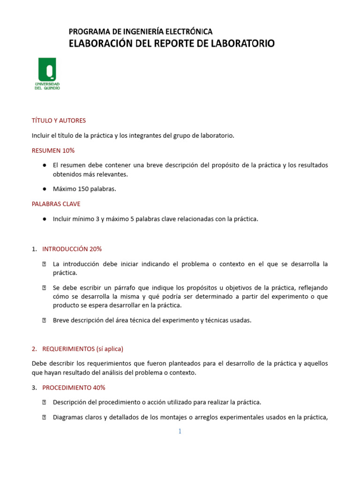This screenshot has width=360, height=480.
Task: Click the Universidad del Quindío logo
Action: click(x=47, y=74)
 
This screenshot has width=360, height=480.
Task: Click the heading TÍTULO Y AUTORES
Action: click(x=59, y=120)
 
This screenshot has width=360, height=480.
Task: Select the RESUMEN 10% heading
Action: click(x=53, y=150)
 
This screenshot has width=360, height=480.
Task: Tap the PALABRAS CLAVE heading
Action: click(x=56, y=204)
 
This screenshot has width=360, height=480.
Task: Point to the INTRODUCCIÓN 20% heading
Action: click(x=72, y=249)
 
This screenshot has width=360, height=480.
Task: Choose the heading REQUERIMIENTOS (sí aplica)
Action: click(x=82, y=349)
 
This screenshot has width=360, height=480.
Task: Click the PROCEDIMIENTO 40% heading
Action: click(x=74, y=388)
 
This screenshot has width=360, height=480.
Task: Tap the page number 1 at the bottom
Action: click(x=180, y=431)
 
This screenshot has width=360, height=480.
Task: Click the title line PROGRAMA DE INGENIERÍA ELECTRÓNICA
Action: click(x=141, y=32)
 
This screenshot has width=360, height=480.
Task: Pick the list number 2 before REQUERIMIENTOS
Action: click(x=34, y=349)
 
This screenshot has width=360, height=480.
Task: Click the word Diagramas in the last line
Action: click(x=68, y=417)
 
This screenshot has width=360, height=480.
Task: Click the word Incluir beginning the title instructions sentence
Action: click(x=41, y=135)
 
